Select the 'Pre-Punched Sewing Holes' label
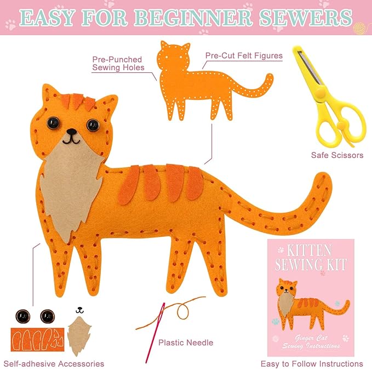coord(117,63)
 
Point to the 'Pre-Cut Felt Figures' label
coord(244,55)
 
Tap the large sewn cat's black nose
coord(71,132)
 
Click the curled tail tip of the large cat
coord(321,184)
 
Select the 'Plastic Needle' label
coord(186,343)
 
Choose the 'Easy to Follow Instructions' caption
coord(311,364)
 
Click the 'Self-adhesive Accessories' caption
coord(54,364)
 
